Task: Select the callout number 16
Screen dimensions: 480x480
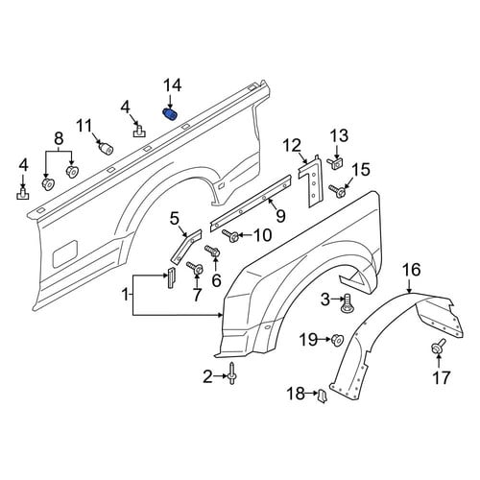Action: [x=412, y=270]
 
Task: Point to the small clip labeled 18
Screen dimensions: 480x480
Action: [x=322, y=396]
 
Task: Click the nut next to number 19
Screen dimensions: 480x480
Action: [x=337, y=339]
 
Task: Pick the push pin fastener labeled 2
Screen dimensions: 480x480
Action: [x=231, y=372]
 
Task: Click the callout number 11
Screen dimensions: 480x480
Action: [x=84, y=127]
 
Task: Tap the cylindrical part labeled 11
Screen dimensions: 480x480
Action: [x=106, y=148]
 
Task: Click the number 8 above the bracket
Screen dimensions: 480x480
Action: [x=59, y=138]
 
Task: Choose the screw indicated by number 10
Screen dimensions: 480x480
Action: [x=230, y=236]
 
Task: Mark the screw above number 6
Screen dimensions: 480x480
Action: [x=212, y=251]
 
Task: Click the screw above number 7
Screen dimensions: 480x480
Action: [x=195, y=267]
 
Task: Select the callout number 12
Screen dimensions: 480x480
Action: [x=292, y=146]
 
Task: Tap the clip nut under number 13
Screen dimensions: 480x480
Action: [x=334, y=163]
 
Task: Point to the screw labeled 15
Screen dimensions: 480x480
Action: [x=337, y=191]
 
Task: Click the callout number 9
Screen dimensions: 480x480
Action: [x=280, y=216]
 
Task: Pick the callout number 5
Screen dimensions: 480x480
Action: [x=174, y=220]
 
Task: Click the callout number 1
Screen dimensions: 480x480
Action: [x=126, y=295]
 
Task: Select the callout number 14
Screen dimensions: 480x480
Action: [x=173, y=86]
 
